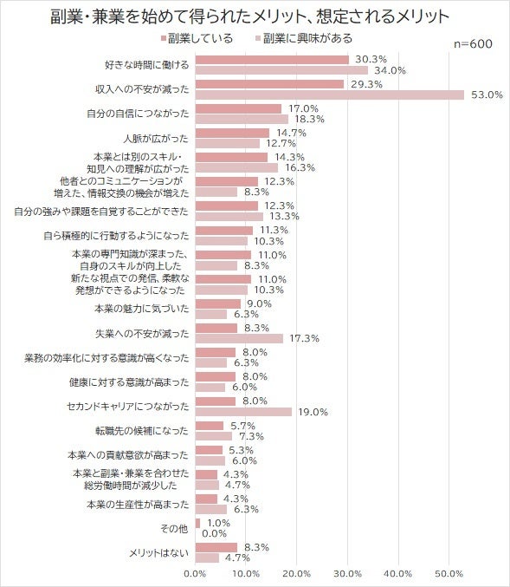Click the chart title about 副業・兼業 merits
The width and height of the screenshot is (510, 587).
[x=255, y=15]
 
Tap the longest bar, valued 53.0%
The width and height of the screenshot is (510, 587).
[x=330, y=95]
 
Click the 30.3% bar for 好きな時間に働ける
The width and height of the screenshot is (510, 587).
[x=272, y=60]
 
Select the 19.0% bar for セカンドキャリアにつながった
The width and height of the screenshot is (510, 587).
[x=243, y=412]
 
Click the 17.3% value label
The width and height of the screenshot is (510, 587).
[x=305, y=338]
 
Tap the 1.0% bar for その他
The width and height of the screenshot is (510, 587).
[x=198, y=523]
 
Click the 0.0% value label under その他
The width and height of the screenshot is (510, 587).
[x=214, y=534]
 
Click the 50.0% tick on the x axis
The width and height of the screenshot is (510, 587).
[x=449, y=573]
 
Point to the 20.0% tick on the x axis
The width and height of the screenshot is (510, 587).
[x=297, y=573]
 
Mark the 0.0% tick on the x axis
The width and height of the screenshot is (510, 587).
[x=196, y=573]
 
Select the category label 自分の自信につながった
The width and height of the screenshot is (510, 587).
[x=138, y=114]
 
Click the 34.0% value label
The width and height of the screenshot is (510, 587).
[x=390, y=70]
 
